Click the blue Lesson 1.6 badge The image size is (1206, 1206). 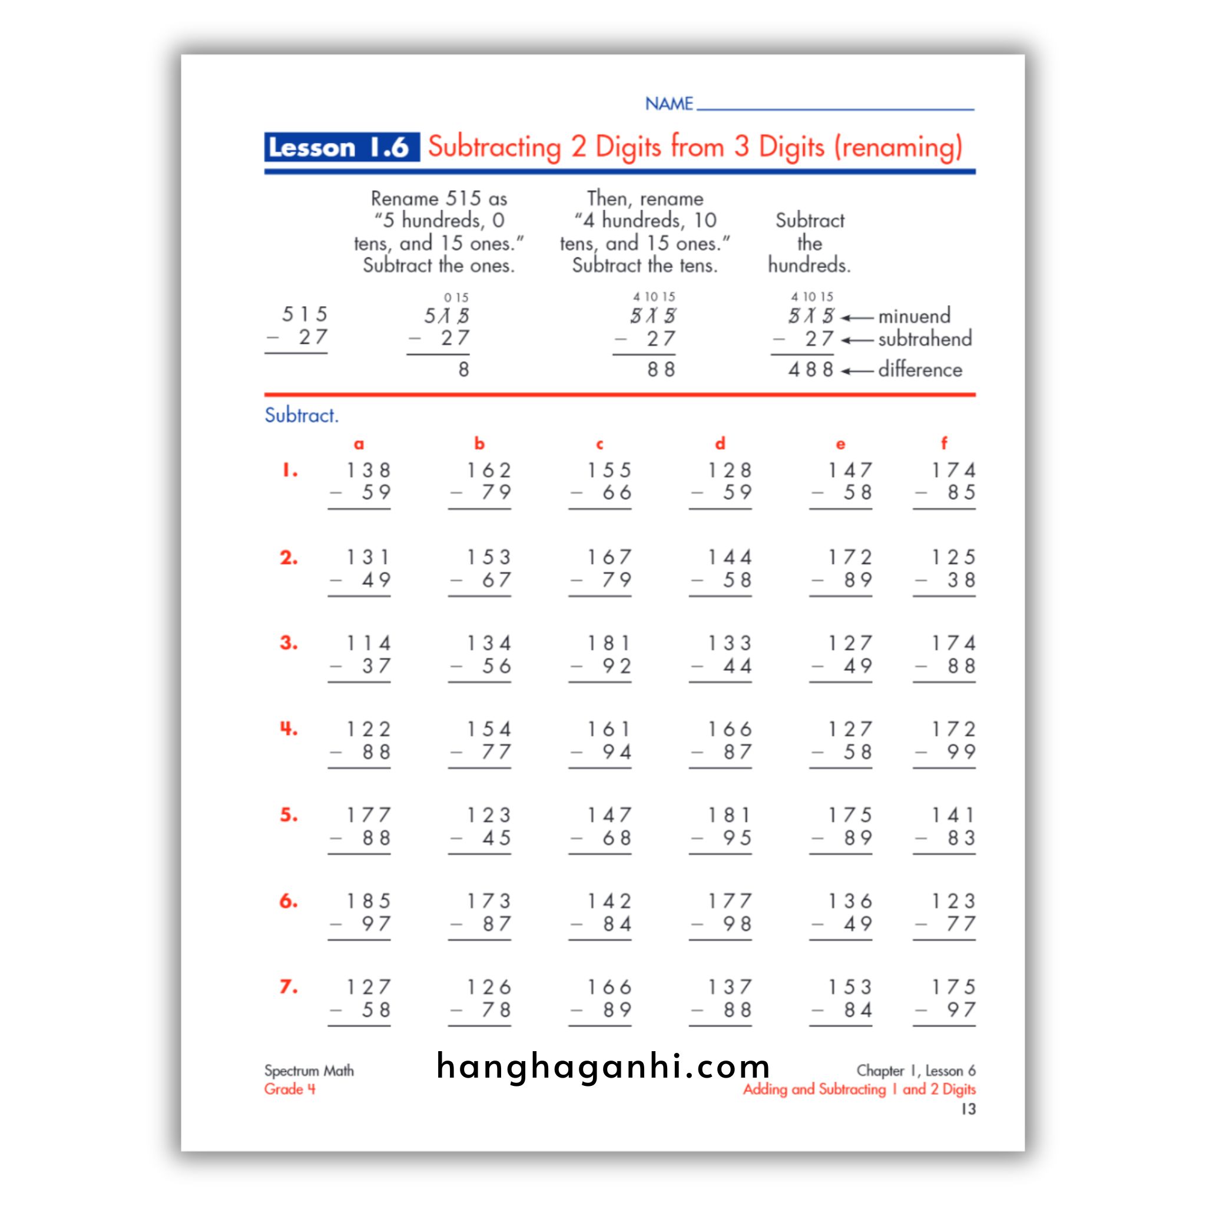coord(341,147)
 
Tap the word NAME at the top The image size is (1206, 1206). coord(668,104)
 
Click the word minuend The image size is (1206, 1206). coord(914,316)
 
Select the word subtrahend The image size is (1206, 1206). coord(925,339)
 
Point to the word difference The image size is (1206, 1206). coord(919,370)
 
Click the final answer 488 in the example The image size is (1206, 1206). coord(810,370)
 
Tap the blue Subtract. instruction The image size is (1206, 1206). coord(301,415)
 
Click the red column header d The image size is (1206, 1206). coord(720,444)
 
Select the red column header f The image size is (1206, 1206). coord(944,444)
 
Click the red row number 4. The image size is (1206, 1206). coord(288,728)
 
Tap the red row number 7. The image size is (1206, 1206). coord(288,987)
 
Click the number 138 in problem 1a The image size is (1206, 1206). coord(368,470)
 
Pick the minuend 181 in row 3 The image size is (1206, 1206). coord(609,643)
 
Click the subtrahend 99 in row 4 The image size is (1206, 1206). coord(960,751)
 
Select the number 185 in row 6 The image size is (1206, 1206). coord(368,902)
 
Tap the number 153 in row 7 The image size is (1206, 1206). coord(850,987)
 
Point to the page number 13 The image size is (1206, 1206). coord(968,1109)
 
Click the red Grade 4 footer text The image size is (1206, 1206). coord(290,1089)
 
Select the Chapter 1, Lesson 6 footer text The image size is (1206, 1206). coord(915,1071)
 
